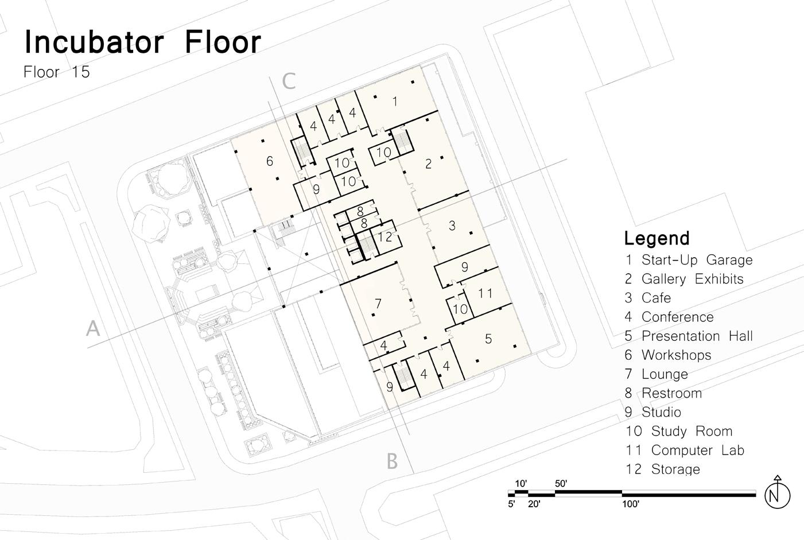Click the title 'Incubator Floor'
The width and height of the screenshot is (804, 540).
click(x=142, y=42)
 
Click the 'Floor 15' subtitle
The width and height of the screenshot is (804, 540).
click(x=57, y=72)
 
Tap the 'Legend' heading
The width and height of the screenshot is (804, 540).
click(x=657, y=238)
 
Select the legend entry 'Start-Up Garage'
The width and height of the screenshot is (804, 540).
click(x=696, y=260)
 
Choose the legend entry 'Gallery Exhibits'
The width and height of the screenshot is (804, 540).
click(x=692, y=279)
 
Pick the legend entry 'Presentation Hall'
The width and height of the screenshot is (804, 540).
click(x=696, y=336)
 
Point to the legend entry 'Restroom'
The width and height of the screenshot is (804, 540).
click(x=671, y=393)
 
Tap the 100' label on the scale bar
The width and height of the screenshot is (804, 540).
click(x=630, y=504)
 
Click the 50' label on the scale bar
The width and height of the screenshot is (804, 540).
click(x=561, y=484)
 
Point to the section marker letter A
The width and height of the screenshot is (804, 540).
click(x=93, y=329)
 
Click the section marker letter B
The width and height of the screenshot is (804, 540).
click(x=392, y=461)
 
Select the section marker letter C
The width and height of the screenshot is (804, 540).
click(x=289, y=81)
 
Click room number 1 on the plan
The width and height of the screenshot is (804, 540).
click(x=395, y=102)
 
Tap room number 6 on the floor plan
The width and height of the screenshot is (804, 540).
click(x=270, y=161)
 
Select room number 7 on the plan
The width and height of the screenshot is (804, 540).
click(x=378, y=303)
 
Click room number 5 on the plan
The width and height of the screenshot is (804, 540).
click(x=488, y=339)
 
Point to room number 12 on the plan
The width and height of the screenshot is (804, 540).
click(x=385, y=236)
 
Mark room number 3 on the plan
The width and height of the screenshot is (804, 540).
click(x=452, y=226)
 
